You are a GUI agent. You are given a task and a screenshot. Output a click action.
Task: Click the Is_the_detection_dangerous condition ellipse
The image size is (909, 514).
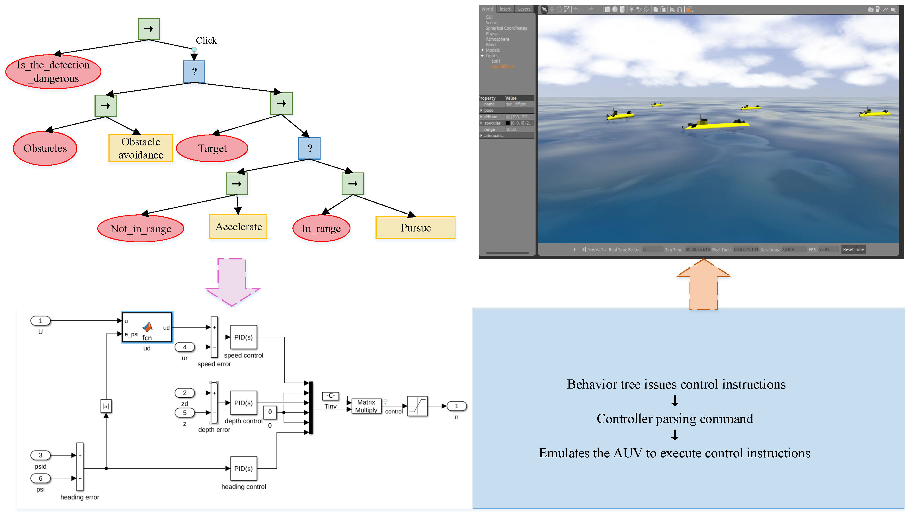(x=53, y=71)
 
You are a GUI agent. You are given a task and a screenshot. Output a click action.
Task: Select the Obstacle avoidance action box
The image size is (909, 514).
(x=140, y=148)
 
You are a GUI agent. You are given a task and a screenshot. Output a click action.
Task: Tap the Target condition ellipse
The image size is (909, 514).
(x=212, y=148)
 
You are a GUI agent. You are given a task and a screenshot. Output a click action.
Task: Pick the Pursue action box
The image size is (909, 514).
(x=415, y=227)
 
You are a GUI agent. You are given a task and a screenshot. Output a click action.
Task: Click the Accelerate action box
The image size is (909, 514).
(x=238, y=227)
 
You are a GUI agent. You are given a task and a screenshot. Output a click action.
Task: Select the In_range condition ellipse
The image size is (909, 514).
(x=321, y=229)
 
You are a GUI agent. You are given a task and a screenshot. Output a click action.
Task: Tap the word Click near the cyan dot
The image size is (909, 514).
(x=206, y=40)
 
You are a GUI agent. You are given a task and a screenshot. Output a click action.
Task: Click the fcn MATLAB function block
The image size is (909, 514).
(x=147, y=327)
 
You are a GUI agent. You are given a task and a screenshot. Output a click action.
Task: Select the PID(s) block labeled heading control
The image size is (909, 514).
(x=243, y=468)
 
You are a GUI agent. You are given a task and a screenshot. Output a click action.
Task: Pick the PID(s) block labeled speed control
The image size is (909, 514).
(x=243, y=337)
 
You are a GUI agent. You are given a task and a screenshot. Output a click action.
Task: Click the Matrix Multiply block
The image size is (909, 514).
(x=366, y=406)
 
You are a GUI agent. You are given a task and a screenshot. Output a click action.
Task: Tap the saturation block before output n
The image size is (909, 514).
(x=417, y=406)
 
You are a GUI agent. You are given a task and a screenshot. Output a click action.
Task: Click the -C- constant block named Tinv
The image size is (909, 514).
(x=330, y=396)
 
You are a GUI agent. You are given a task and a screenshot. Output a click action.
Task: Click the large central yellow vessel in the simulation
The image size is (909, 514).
(x=716, y=124)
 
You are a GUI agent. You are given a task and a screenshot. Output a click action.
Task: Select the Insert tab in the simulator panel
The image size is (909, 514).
(x=505, y=9)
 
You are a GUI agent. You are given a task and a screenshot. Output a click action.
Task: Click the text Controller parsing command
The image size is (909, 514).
(x=674, y=418)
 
